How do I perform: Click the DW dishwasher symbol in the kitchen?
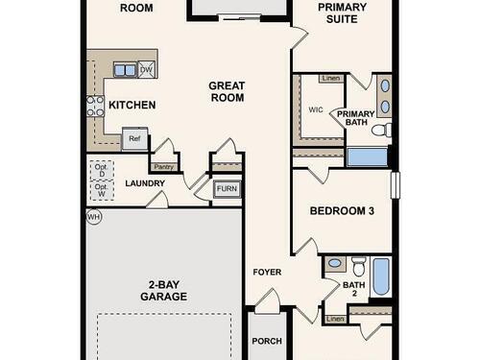pos(147,69)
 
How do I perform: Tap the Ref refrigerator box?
pos(134,139)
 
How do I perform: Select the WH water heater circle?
pos(94,217)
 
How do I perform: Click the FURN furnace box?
pos(227,189)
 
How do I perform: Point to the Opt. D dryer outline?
pos(102,171)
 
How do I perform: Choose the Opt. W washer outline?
pos(102,191)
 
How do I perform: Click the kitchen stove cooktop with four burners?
pos(95,106)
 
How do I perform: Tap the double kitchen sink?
pos(126,70)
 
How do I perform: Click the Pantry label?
pos(163,167)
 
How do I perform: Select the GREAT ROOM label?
pos(227,91)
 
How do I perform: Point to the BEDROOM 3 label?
pos(342,211)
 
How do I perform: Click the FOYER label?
pos(267,272)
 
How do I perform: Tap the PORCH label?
pos(267,341)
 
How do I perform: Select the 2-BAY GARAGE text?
pos(164,291)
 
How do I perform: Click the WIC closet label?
pos(316,109)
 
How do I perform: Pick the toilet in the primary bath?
pos(382,130)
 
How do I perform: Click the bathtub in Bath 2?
pos(381,276)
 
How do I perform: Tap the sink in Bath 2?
pos(335,263)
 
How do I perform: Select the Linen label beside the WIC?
pos(331,78)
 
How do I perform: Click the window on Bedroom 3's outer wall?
pos(396,185)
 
